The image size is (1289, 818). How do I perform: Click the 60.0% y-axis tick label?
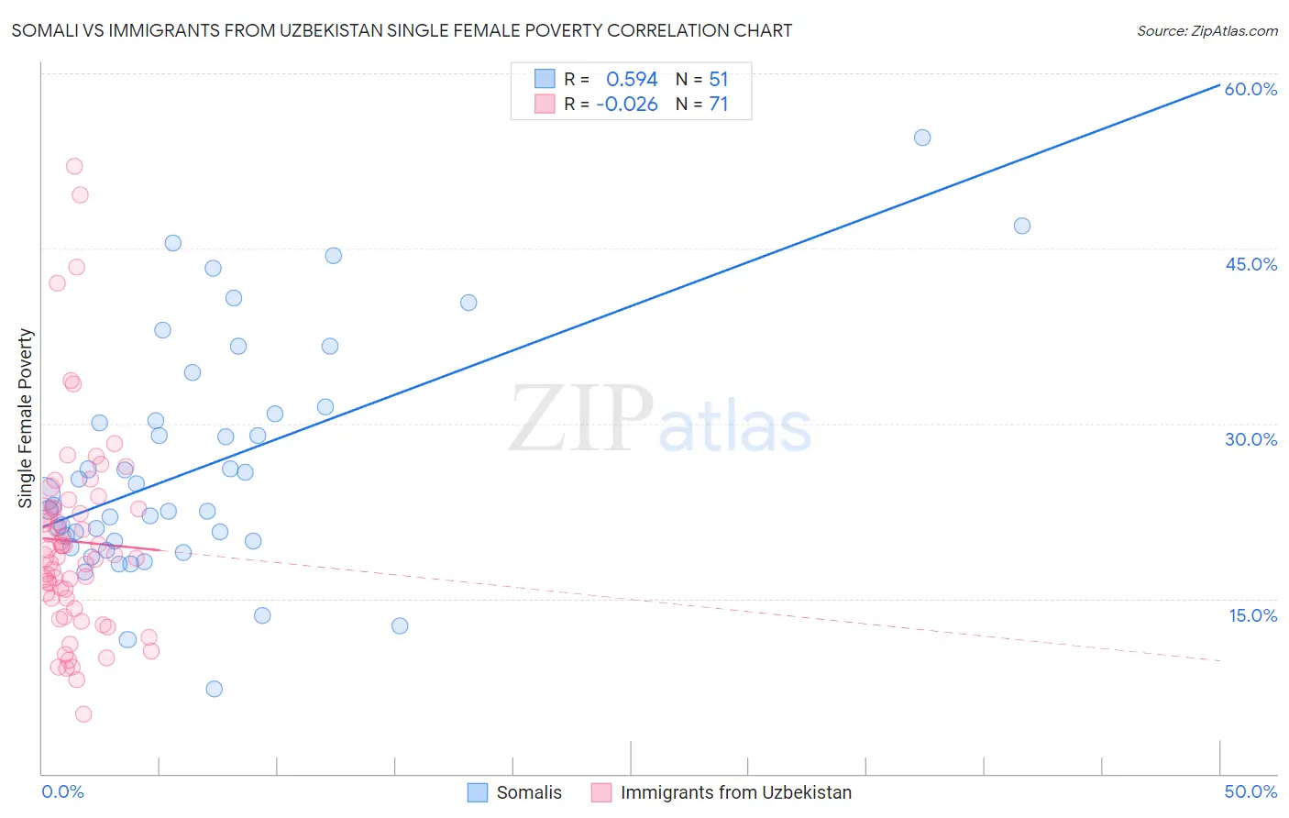point(1250,89)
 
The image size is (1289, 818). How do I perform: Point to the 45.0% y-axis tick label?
point(1250,264)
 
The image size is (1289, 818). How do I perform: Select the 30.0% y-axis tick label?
point(1250,439)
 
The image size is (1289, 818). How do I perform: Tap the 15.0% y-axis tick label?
point(1252,615)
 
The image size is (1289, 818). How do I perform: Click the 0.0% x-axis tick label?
point(62,791)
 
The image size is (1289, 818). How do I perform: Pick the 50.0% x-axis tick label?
point(1250,791)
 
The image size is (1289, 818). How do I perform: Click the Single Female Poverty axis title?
point(26,418)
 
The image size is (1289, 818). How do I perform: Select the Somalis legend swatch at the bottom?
point(478,792)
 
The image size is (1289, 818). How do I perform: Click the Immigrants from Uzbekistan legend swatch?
point(601,792)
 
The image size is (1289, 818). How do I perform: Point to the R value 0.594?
point(632,80)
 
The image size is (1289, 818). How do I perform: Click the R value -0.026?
point(627,105)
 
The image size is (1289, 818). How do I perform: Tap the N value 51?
point(718,80)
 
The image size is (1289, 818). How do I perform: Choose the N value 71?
point(718,105)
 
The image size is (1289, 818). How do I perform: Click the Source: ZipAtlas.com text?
point(1206,31)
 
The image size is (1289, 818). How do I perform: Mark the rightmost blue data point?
point(1022,226)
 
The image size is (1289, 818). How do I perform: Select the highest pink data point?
point(74,166)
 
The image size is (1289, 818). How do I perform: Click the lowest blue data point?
point(215,689)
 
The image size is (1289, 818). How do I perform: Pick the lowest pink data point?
point(83,714)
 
